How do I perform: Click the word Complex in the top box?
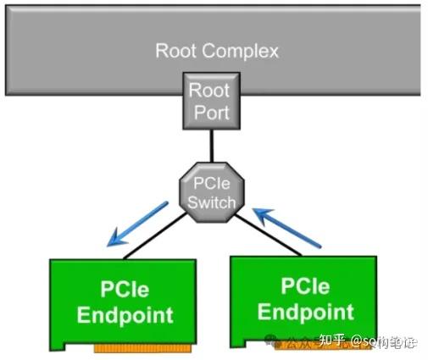242,51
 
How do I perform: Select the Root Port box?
208,101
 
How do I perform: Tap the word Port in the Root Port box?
208,111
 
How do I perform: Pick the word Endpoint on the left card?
125,315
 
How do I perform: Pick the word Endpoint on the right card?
305,311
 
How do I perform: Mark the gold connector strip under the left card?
140,347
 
